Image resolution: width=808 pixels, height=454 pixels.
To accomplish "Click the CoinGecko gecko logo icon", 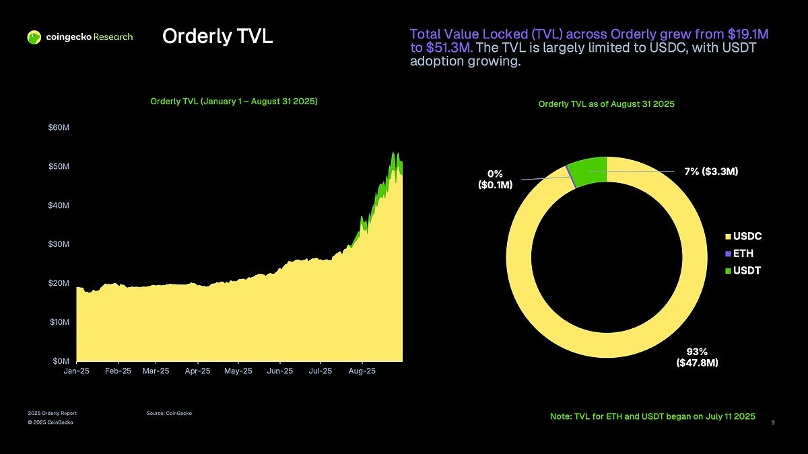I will click(34, 37).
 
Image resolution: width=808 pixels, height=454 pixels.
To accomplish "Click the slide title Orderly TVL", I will click(217, 37).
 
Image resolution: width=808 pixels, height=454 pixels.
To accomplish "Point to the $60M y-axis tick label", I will click(59, 128).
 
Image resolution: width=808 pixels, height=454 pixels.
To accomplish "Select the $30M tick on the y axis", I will click(59, 244).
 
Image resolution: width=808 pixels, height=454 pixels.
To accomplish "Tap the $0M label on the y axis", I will click(60, 361).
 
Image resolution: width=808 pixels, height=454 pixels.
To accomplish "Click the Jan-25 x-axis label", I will click(77, 371).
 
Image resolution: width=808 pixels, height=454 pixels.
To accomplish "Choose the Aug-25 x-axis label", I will click(362, 371).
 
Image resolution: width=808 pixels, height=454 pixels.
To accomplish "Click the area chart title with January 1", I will click(234, 102).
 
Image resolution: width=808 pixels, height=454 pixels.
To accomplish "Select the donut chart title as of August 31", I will click(606, 104).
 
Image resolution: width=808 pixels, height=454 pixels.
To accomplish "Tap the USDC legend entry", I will click(747, 237).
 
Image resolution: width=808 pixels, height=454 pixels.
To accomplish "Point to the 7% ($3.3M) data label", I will click(711, 172).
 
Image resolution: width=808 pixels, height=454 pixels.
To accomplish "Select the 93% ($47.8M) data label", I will click(696, 358).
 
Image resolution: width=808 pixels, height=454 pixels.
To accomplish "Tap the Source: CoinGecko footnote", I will click(169, 413).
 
